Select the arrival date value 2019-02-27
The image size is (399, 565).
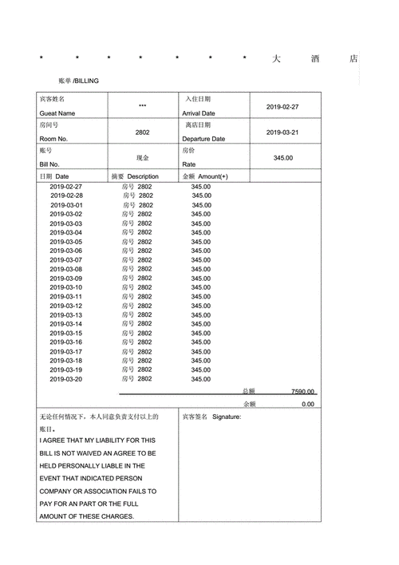point(282,107)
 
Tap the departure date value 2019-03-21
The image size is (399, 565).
point(282,132)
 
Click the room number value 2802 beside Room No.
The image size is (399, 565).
point(142,132)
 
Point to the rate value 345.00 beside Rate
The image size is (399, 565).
point(282,158)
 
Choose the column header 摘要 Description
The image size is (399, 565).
point(135,176)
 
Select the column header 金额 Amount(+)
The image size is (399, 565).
point(205,176)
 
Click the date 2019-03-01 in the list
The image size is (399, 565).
point(66,205)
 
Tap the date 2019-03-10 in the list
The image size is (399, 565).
point(66,287)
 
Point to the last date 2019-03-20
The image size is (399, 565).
point(66,379)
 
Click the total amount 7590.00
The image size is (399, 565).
point(302,392)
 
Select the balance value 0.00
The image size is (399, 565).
point(308,405)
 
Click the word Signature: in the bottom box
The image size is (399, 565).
point(227,417)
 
